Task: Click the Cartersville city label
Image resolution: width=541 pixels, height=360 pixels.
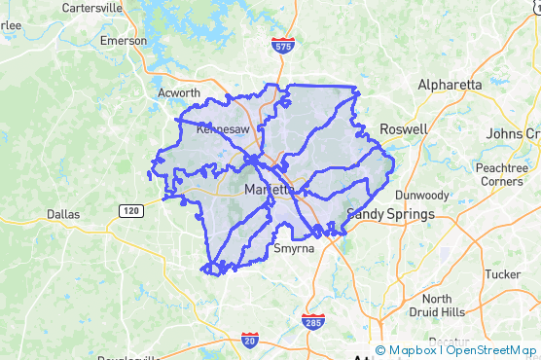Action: (x=90, y=7)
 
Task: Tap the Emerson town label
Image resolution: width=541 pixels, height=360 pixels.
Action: (x=123, y=41)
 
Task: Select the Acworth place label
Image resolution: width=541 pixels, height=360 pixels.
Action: (x=179, y=93)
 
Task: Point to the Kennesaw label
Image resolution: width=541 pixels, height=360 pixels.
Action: (x=223, y=127)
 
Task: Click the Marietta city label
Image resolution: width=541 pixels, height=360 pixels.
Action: (x=270, y=189)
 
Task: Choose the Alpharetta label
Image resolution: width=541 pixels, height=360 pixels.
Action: (x=450, y=85)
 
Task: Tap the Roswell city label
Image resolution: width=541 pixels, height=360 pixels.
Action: (x=403, y=128)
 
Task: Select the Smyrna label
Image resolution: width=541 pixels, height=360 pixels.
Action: (x=294, y=248)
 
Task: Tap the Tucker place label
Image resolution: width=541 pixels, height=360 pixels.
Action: (x=502, y=275)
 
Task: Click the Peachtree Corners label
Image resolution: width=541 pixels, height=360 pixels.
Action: (x=502, y=174)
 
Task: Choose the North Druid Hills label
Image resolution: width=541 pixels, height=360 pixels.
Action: (x=437, y=306)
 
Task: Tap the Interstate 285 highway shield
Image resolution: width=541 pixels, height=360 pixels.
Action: (x=312, y=320)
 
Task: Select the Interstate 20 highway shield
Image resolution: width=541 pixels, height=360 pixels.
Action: (x=249, y=340)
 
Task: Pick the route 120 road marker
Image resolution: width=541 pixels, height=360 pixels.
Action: (x=130, y=209)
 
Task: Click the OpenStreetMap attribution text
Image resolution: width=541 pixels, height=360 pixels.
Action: (x=490, y=350)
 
